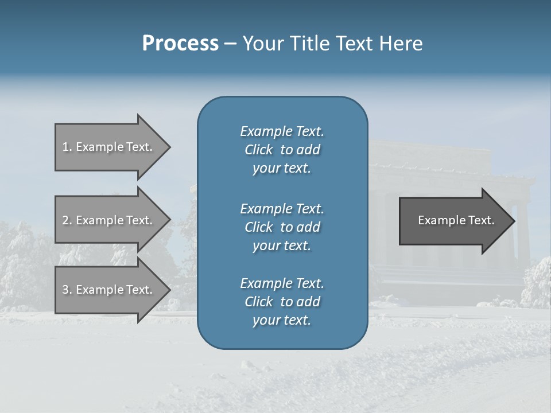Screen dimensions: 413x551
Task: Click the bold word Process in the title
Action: pyautogui.click(x=180, y=44)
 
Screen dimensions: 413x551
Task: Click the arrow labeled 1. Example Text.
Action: pyautogui.click(x=109, y=147)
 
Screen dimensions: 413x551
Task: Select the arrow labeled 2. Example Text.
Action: pyautogui.click(x=109, y=220)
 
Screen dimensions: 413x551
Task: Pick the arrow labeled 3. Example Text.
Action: pyautogui.click(x=109, y=290)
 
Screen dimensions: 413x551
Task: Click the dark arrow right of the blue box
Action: pyautogui.click(x=453, y=221)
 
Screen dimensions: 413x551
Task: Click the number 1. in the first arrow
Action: pyautogui.click(x=67, y=147)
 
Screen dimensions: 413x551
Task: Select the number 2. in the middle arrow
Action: pyautogui.click(x=67, y=220)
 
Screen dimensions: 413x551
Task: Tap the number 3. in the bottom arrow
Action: pyautogui.click(x=67, y=290)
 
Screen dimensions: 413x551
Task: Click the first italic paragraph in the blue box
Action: pyautogui.click(x=282, y=150)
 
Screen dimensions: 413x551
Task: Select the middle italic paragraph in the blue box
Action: pyautogui.click(x=282, y=227)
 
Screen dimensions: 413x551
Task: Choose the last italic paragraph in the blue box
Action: pyautogui.click(x=282, y=302)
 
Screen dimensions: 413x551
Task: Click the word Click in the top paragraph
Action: pyautogui.click(x=259, y=150)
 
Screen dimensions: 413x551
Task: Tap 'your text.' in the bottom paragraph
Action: pyautogui.click(x=282, y=320)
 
